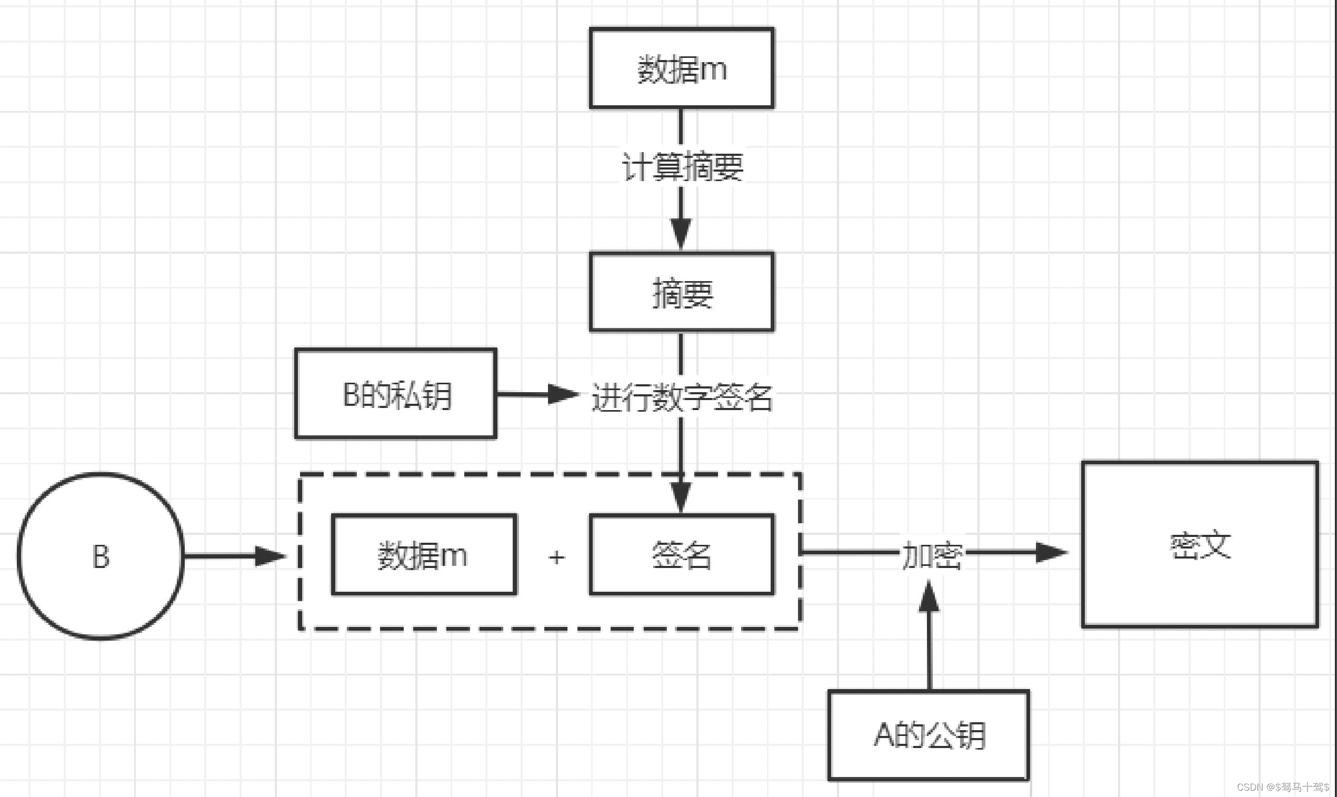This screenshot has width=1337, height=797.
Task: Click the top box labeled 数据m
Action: (x=681, y=69)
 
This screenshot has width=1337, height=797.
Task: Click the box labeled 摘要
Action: (x=681, y=293)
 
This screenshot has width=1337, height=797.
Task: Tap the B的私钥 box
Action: (x=396, y=394)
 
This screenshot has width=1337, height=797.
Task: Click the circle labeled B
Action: (x=101, y=556)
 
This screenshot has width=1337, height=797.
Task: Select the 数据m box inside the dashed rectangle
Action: (x=424, y=555)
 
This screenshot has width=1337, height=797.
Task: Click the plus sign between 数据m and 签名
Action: (x=557, y=557)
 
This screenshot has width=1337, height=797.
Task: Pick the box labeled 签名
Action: (x=681, y=555)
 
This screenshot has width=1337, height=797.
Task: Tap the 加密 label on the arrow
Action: (x=932, y=555)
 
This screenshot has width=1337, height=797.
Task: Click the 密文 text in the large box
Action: (x=1200, y=545)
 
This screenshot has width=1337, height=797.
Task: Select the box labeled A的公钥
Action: (x=929, y=735)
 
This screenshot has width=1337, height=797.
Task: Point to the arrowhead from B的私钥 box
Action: (x=562, y=394)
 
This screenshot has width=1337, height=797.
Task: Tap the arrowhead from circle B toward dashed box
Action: (x=270, y=556)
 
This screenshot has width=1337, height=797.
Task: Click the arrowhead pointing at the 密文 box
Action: (x=1050, y=552)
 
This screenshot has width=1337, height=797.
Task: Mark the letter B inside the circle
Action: (x=101, y=556)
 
